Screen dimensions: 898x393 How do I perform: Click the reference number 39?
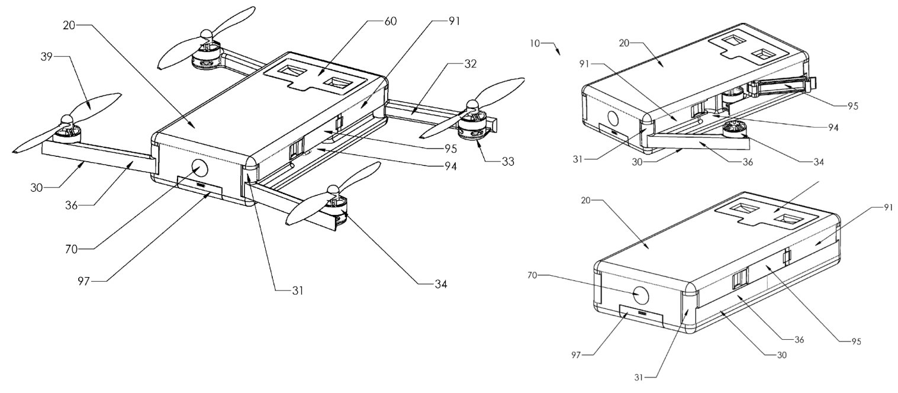[x=47, y=57]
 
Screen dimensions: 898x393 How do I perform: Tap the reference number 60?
[x=391, y=21]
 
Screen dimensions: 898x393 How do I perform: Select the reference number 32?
[x=471, y=64]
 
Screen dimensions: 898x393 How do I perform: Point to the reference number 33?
[x=507, y=162]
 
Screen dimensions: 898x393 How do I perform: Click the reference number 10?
[x=535, y=43]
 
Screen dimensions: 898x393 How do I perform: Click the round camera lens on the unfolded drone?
[x=199, y=168]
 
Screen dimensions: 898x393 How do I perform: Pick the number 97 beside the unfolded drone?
[x=84, y=281]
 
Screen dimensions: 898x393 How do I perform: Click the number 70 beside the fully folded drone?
[x=532, y=275]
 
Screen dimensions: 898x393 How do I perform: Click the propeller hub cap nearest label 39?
[x=65, y=120]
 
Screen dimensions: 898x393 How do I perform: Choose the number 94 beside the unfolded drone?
[x=450, y=166]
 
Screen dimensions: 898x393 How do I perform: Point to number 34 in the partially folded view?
[x=818, y=162]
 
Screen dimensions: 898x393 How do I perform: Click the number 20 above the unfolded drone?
[x=69, y=25]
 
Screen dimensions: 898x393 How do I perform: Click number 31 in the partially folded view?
[x=578, y=159]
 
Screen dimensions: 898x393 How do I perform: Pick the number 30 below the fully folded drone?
[x=781, y=355]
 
